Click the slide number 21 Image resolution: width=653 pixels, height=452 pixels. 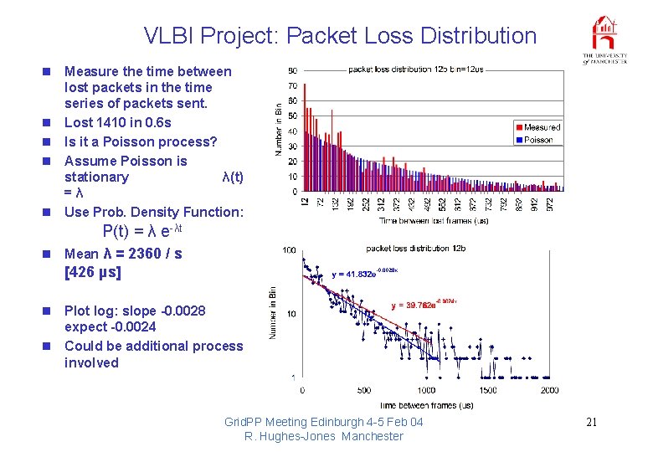[591, 422]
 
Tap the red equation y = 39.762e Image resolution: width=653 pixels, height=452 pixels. [424, 305]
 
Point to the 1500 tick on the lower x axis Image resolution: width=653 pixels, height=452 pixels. [487, 390]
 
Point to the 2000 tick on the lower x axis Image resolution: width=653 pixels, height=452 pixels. [548, 390]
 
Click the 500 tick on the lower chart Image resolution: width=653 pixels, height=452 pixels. [363, 390]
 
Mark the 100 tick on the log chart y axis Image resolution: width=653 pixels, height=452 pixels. [289, 250]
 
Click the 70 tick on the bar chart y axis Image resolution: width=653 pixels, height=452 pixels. [292, 86]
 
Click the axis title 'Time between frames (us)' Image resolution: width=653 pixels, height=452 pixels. [424, 405]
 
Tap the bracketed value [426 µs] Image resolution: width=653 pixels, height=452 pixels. [93, 272]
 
